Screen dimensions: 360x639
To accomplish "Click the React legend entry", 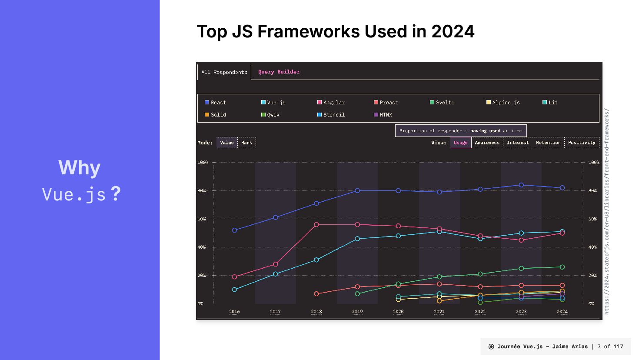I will click(x=216, y=103).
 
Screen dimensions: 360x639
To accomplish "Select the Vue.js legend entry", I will click(x=273, y=103).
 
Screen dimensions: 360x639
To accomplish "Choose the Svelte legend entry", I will click(x=442, y=103).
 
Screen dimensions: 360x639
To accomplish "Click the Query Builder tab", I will click(x=279, y=72).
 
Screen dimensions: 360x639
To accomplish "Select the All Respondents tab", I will click(x=224, y=72).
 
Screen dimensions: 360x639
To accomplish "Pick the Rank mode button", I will click(x=246, y=143).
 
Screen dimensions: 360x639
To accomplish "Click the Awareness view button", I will click(x=487, y=143).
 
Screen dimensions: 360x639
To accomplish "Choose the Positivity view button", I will click(x=581, y=143).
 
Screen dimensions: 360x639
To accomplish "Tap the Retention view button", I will click(x=548, y=143).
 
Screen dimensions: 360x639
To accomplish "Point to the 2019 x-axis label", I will click(x=357, y=311).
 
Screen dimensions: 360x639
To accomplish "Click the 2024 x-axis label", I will click(x=562, y=311).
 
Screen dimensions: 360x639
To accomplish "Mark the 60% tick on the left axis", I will click(x=202, y=219).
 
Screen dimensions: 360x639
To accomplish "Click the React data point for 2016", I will click(x=235, y=230).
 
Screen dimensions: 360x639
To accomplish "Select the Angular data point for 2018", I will click(x=316, y=225).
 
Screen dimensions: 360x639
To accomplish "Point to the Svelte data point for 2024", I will click(x=562, y=267).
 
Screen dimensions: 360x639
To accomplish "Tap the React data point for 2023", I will click(x=521, y=185).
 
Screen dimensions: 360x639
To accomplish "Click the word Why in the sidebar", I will click(x=80, y=168).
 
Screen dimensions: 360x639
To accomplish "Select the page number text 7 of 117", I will click(x=610, y=347).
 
